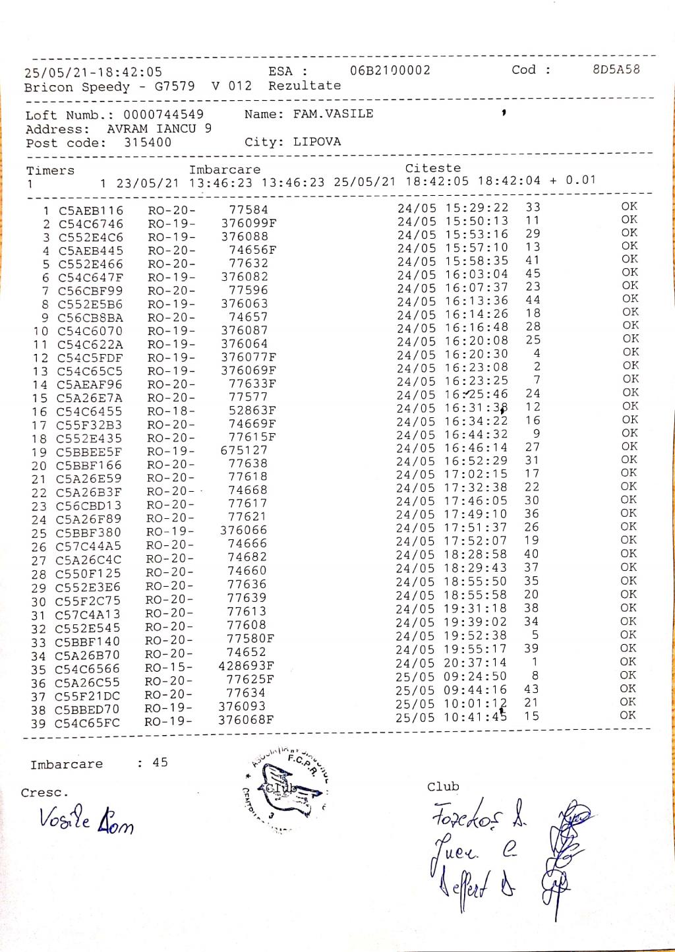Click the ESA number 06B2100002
(x=390, y=71)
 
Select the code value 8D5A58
(x=616, y=69)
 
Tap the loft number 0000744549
(x=163, y=115)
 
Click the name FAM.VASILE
(x=333, y=114)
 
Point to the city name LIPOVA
(x=317, y=142)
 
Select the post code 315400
(x=148, y=142)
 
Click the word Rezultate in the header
(x=305, y=86)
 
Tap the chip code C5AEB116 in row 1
(x=91, y=211)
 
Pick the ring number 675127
(x=244, y=450)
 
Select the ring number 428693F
(x=246, y=666)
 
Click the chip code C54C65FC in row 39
(x=87, y=723)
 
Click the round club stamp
(x=287, y=790)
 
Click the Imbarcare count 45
(x=160, y=763)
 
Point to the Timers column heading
(x=50, y=171)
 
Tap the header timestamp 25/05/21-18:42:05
(x=93, y=73)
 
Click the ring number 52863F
(x=252, y=410)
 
